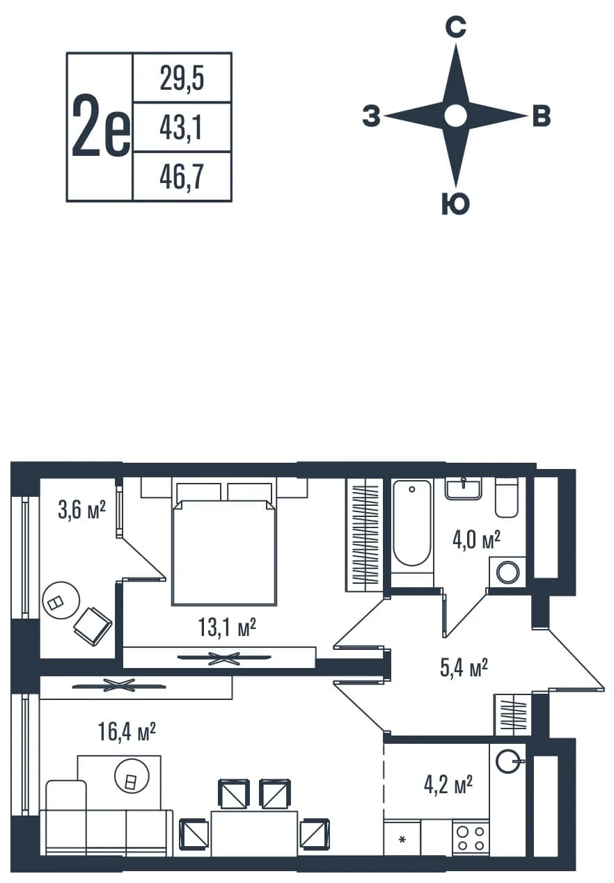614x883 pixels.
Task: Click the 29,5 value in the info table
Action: click(182, 79)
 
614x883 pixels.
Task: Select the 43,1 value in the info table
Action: click(181, 128)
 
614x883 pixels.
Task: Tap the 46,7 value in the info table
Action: click(182, 177)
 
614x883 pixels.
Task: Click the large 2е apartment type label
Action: click(101, 126)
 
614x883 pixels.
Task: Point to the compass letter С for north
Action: click(455, 27)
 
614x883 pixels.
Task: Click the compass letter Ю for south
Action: click(455, 204)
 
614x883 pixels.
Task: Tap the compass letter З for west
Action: click(372, 116)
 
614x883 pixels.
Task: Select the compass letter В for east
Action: click(542, 116)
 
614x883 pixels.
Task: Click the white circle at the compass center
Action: click(456, 116)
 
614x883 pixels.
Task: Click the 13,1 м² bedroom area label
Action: click(227, 627)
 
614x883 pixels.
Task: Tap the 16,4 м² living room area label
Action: click(127, 732)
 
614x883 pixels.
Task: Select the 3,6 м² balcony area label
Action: click(81, 510)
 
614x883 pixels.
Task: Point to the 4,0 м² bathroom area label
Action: click(476, 540)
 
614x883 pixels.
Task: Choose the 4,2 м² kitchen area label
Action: click(448, 785)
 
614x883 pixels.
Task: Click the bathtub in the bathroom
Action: click(411, 523)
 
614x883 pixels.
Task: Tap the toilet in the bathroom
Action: click(506, 498)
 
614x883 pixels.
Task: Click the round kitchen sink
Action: click(508, 762)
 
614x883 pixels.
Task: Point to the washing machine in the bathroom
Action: click(507, 573)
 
